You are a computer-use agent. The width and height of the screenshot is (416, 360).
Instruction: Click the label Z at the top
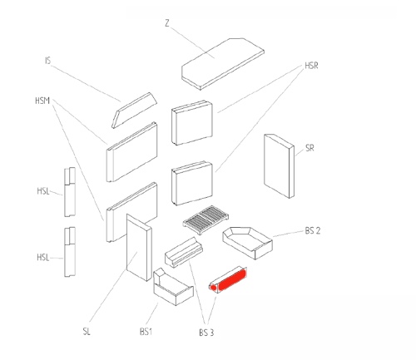167,23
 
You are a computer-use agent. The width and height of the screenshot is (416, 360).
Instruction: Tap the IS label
48,61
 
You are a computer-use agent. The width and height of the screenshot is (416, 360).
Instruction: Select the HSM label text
42,101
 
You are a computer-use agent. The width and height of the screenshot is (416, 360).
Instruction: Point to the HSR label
311,66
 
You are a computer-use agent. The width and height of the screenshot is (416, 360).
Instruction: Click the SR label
310,148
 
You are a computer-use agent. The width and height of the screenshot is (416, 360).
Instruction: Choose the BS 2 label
313,230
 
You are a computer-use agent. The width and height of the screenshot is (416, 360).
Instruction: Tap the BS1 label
146,332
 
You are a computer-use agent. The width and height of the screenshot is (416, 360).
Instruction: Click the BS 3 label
206,333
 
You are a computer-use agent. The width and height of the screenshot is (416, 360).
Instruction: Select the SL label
87,331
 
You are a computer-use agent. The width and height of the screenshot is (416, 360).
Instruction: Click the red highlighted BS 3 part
228,279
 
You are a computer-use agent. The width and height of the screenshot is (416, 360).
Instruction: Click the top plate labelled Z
223,64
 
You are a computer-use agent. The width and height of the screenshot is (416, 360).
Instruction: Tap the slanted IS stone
134,111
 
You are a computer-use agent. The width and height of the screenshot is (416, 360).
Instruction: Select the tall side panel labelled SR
279,166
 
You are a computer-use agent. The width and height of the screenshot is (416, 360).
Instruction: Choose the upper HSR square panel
192,123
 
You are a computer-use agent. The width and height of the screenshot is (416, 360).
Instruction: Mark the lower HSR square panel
192,183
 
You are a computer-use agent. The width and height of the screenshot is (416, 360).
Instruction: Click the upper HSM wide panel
132,152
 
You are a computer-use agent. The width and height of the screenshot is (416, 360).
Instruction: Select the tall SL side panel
139,248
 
